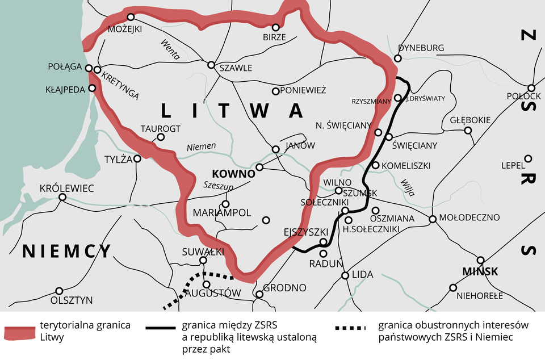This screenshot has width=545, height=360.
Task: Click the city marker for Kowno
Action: pyautogui.click(x=259, y=168)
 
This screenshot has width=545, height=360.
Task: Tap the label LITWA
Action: pyautogui.click(x=232, y=111)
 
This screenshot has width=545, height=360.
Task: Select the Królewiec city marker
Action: pyautogui.click(x=62, y=198)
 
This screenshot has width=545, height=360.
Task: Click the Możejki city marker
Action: pyautogui.click(x=131, y=17)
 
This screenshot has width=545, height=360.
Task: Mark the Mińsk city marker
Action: pyautogui.click(x=480, y=260)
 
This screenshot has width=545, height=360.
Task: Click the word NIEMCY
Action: pyautogui.click(x=67, y=251)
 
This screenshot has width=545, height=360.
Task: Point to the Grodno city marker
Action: pyautogui.click(x=259, y=295)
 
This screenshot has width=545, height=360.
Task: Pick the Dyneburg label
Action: pyautogui.click(x=421, y=48)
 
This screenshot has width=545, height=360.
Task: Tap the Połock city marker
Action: pyautogui.click(x=531, y=88)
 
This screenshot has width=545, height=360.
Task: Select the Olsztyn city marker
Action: pyautogui.click(x=59, y=291)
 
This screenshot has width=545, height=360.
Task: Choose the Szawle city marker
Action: pyautogui.click(x=211, y=65)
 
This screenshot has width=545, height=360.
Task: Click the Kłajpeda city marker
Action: pyautogui.click(x=92, y=88)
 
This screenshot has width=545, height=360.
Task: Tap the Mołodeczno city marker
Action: pyautogui.click(x=433, y=219)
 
